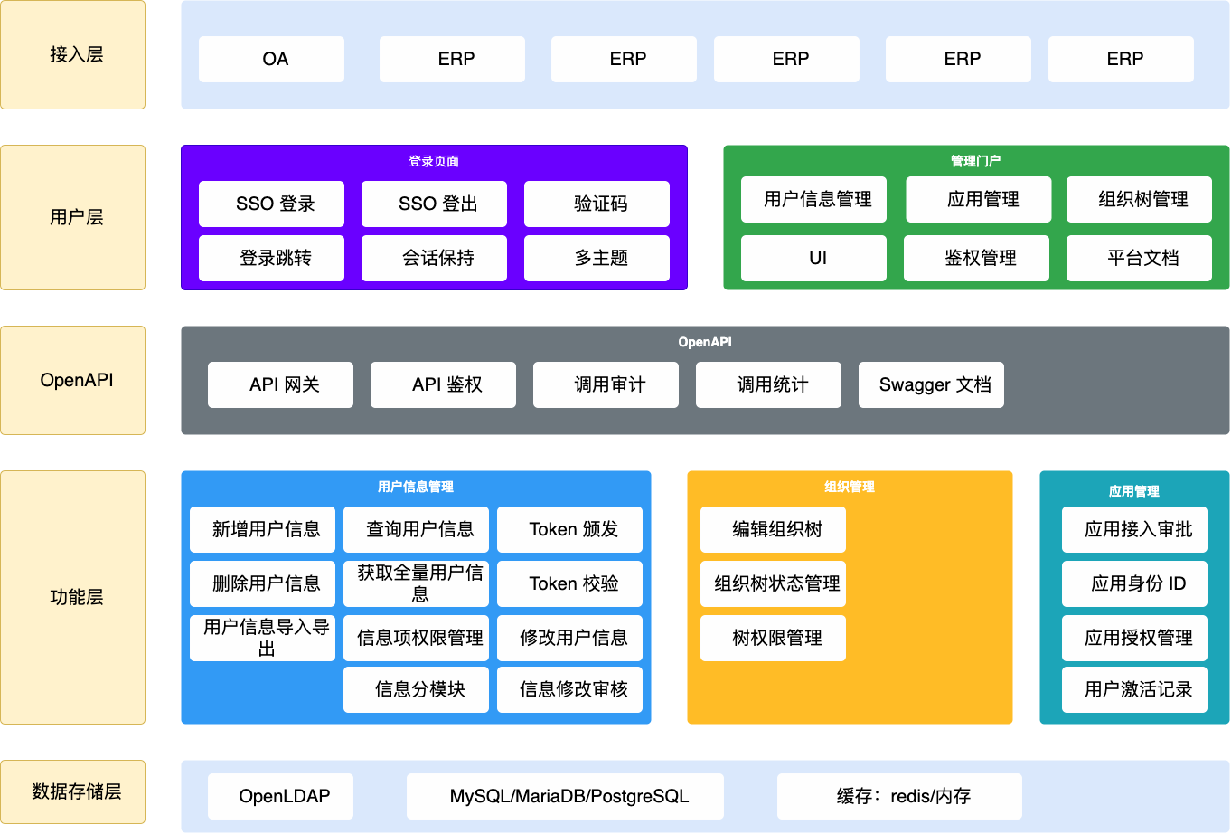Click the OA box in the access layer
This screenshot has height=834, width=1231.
(271, 59)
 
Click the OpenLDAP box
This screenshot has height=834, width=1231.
(280, 796)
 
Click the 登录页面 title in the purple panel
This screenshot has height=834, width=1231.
(434, 161)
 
